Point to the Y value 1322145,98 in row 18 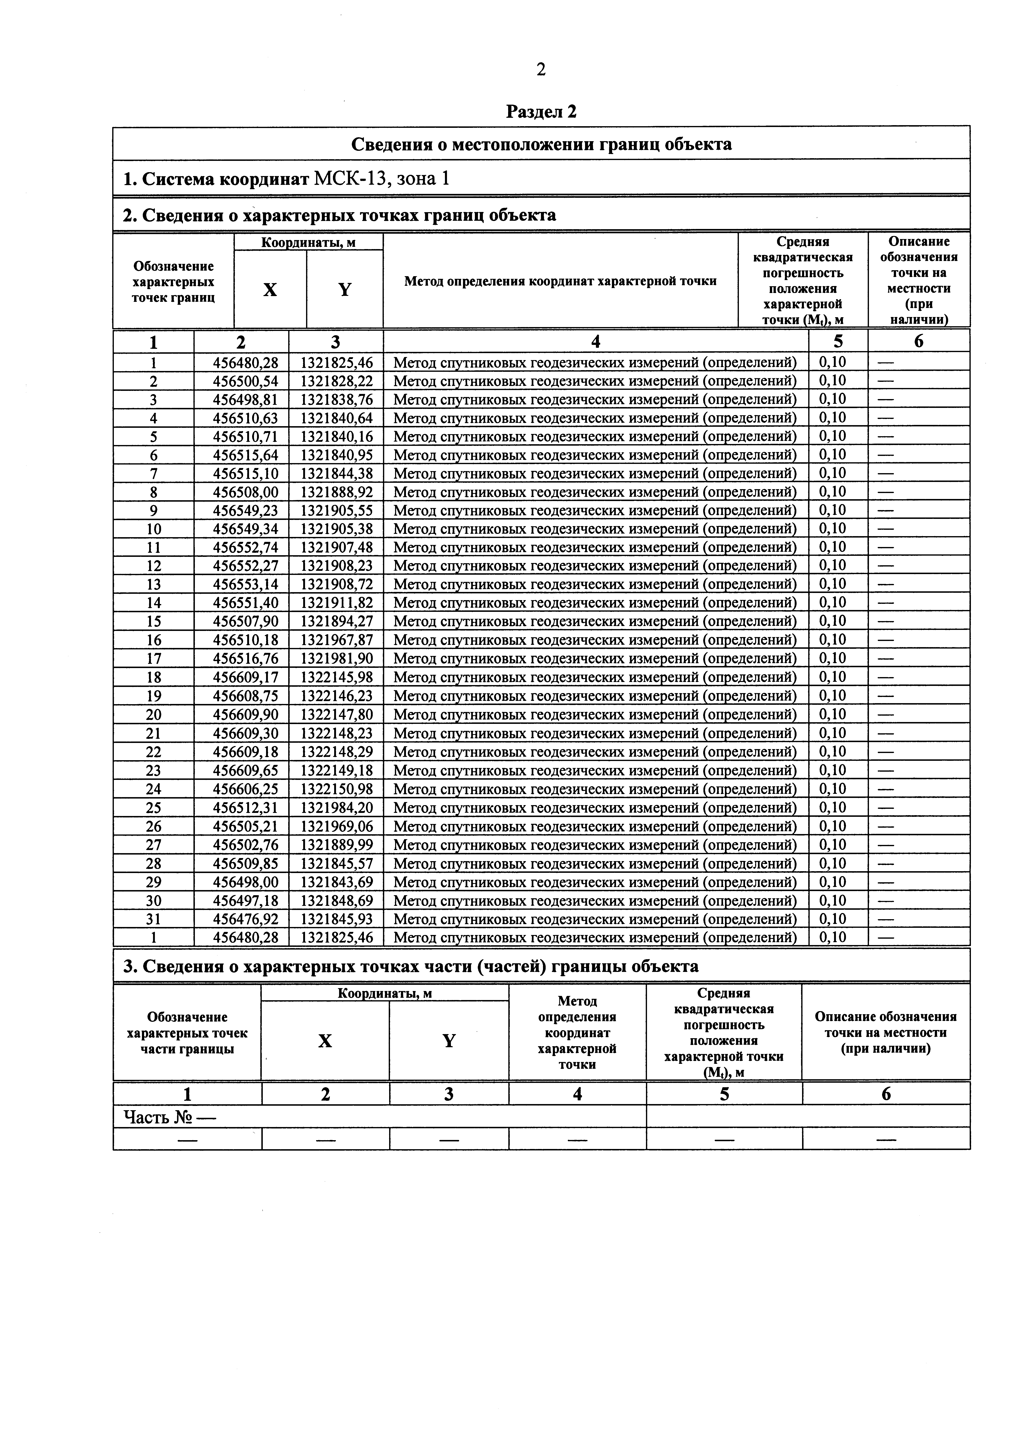pyautogui.click(x=336, y=677)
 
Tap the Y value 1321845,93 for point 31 pyautogui.click(x=336, y=919)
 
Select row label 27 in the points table pyautogui.click(x=153, y=845)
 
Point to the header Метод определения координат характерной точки pyautogui.click(x=560, y=281)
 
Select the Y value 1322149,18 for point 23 pyautogui.click(x=336, y=770)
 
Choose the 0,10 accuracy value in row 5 pyautogui.click(x=832, y=436)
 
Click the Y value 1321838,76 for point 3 pyautogui.click(x=336, y=399)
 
